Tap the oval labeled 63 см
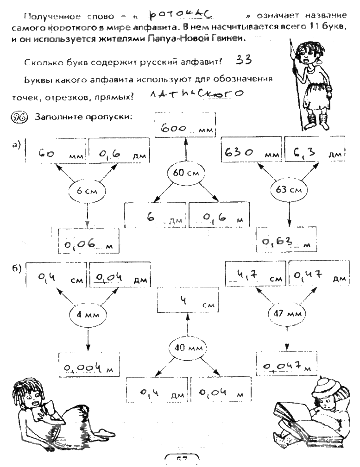(x=289, y=189)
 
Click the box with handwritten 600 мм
(x=185, y=128)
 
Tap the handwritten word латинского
(x=196, y=94)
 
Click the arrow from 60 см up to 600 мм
(x=186, y=150)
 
